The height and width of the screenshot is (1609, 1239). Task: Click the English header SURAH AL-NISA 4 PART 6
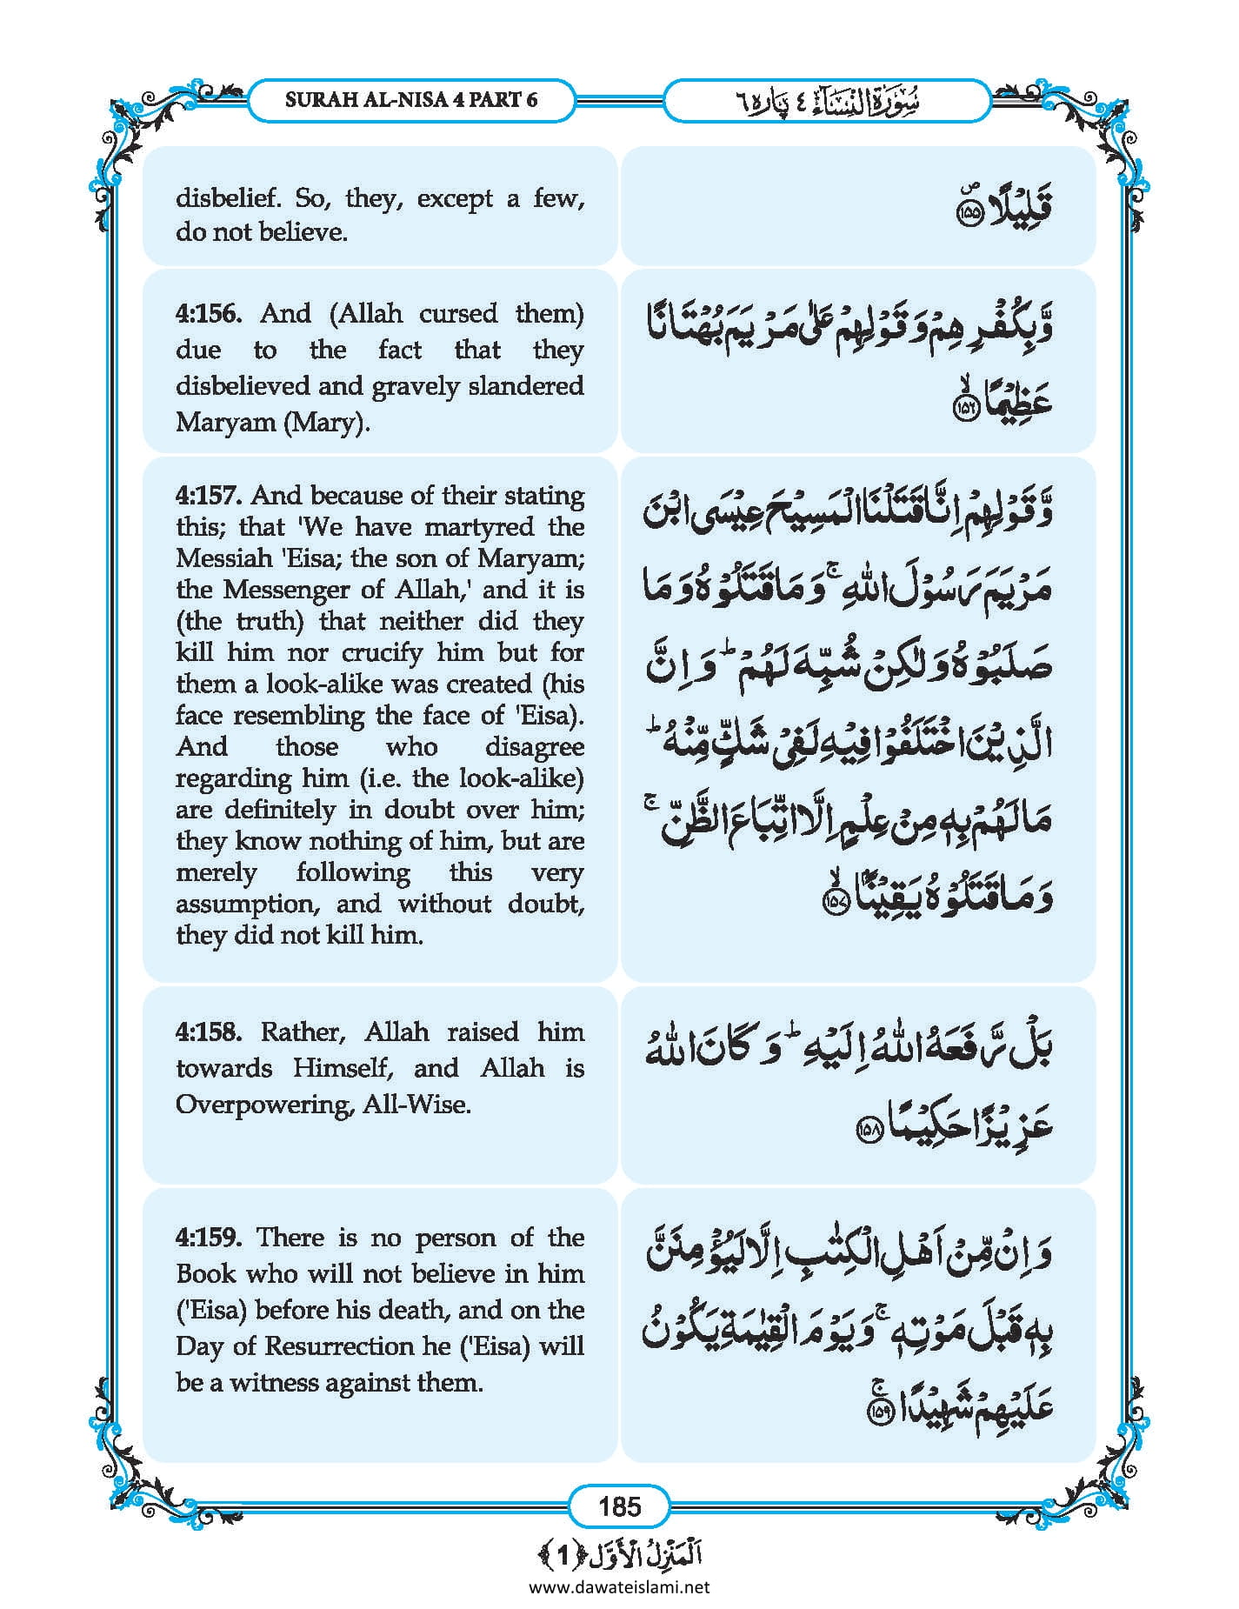pyautogui.click(x=411, y=100)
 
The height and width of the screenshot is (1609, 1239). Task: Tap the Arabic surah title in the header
pyautogui.click(x=826, y=102)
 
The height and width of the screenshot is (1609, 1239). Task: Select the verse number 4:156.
pyautogui.click(x=207, y=314)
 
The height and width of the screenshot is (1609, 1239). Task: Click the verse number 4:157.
pyautogui.click(x=209, y=496)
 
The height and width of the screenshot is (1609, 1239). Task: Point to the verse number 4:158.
pyautogui.click(x=209, y=1032)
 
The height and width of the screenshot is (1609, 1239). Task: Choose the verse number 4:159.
pyautogui.click(x=207, y=1238)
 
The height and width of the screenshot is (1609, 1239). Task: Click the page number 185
pyautogui.click(x=619, y=1506)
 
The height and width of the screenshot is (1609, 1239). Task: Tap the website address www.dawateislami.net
pyautogui.click(x=619, y=1587)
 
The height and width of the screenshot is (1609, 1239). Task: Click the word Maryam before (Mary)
pyautogui.click(x=217, y=424)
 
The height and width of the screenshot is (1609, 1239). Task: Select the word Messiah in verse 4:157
pyautogui.click(x=220, y=558)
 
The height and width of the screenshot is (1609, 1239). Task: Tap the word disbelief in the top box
pyautogui.click(x=229, y=199)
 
